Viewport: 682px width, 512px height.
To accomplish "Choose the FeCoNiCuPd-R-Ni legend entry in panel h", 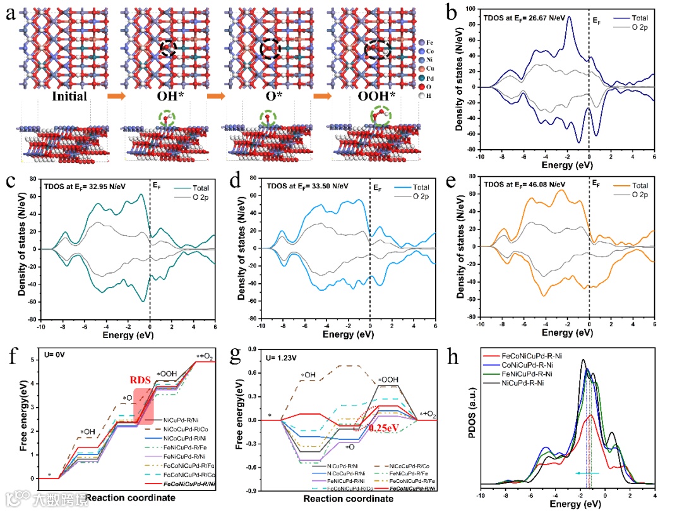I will coord(539,358).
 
